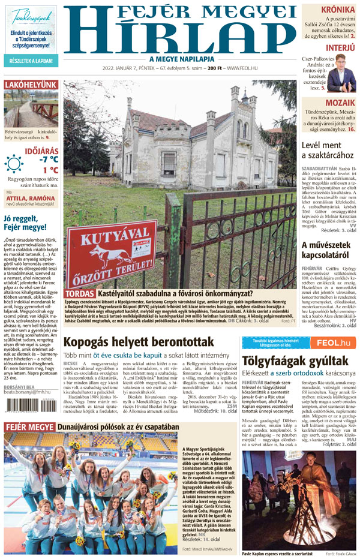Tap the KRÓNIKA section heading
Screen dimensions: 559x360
(x=338, y=10)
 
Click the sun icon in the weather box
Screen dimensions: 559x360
(x=14, y=164)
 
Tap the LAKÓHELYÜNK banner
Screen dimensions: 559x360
(x=31, y=85)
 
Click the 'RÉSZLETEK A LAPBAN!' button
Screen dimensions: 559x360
(x=31, y=61)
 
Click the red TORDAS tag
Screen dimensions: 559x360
(x=80, y=293)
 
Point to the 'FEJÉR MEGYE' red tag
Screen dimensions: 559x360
(x=29, y=444)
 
